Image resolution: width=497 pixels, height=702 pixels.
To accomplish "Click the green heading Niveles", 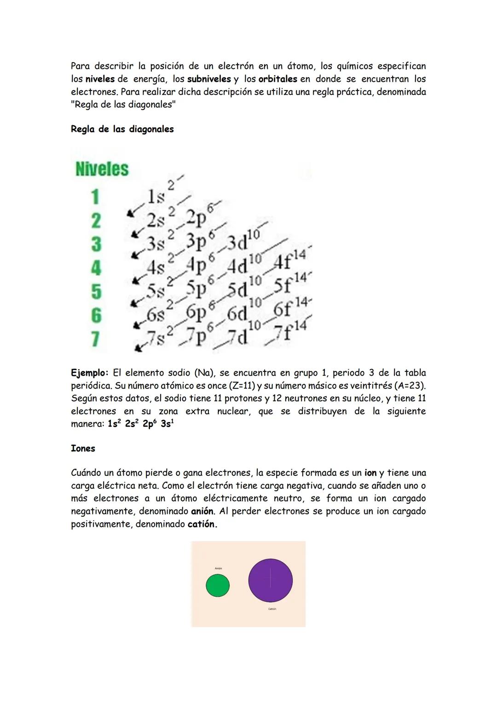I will pyautogui.click(x=102, y=169).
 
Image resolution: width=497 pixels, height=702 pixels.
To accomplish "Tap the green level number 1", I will pyautogui.click(x=95, y=197).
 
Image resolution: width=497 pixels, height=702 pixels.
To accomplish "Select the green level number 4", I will pyautogui.click(x=96, y=268).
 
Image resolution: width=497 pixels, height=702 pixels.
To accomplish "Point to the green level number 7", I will pyautogui.click(x=95, y=339).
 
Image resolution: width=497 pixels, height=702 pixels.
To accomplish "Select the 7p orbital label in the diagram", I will pyautogui.click(x=196, y=337).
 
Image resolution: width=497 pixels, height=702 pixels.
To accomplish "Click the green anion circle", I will pyautogui.click(x=218, y=586).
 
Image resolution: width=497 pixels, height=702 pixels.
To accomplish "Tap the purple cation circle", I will pyautogui.click(x=270, y=581).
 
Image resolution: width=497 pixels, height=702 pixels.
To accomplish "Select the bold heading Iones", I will pyautogui.click(x=83, y=449).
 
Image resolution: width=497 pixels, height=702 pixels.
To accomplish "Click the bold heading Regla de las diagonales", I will pyautogui.click(x=122, y=129).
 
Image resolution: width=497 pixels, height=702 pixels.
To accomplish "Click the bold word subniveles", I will pyautogui.click(x=209, y=79).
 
